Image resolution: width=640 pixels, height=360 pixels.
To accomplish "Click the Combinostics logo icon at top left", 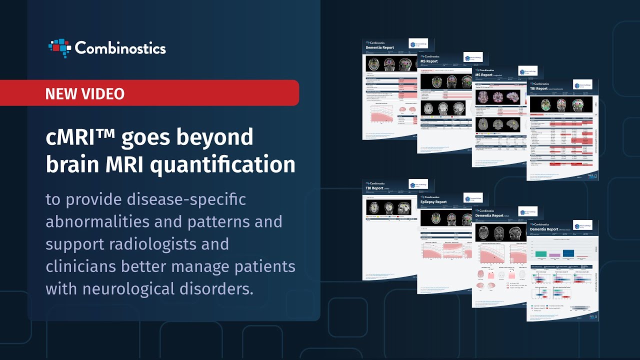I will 59,48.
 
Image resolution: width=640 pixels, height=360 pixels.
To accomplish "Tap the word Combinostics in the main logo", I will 120,48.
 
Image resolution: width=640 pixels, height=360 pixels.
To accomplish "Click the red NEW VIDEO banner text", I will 85,93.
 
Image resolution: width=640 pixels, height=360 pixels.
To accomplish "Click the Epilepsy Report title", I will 434,202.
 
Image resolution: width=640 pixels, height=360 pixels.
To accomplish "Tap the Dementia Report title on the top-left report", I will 380,47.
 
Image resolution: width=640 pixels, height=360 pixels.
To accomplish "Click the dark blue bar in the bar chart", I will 568,253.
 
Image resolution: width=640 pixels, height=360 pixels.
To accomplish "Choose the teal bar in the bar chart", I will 541,254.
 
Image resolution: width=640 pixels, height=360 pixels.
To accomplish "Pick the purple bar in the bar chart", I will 554,255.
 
